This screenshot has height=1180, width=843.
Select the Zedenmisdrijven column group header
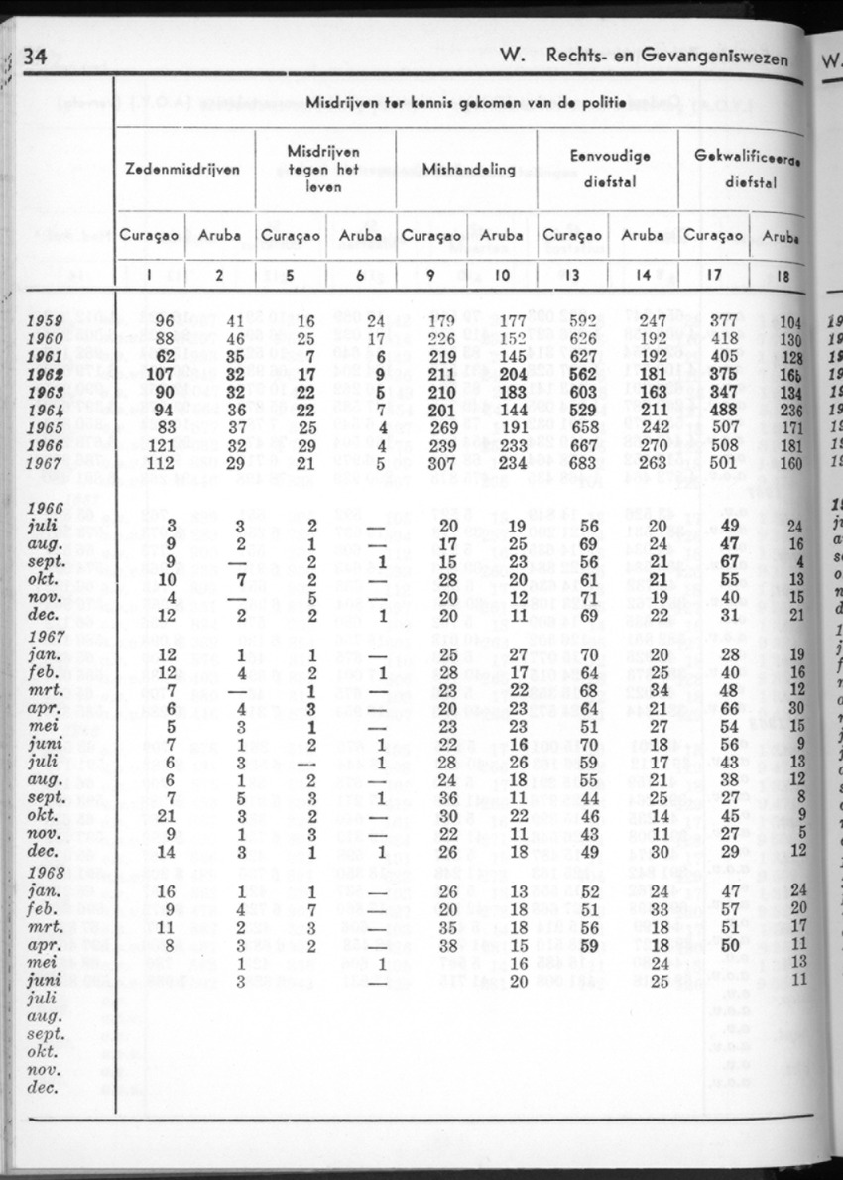click(x=182, y=169)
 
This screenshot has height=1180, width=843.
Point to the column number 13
click(x=572, y=276)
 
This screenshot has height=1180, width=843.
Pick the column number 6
click(x=361, y=276)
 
